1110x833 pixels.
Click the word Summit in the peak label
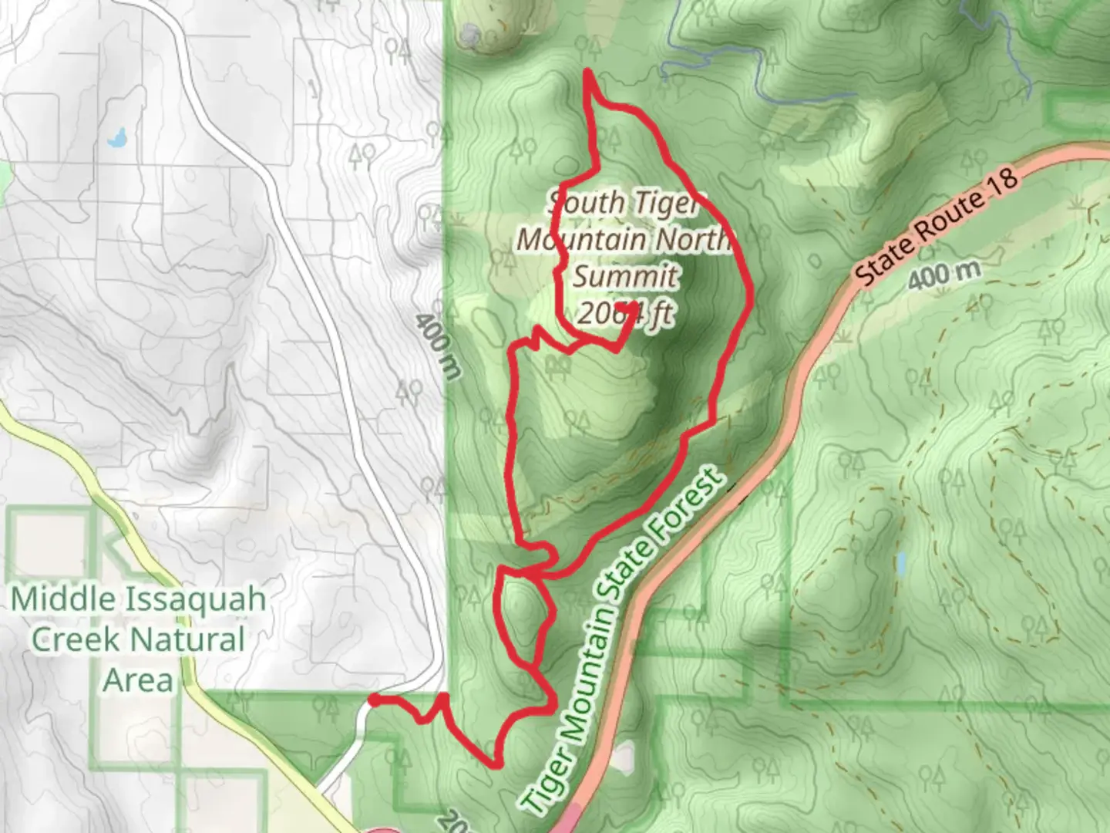tap(625, 276)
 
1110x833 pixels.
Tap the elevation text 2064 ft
tap(625, 314)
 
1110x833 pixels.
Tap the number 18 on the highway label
tap(1003, 185)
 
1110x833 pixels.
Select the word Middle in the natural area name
tap(65, 599)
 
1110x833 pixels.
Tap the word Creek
tap(75, 640)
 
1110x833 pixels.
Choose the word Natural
tap(188, 640)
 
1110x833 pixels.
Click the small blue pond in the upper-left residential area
tap(117, 139)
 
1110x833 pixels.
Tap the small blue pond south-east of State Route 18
tap(901, 564)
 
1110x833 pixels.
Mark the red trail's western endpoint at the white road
tap(372, 700)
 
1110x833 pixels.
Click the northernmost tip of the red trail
tap(588, 72)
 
